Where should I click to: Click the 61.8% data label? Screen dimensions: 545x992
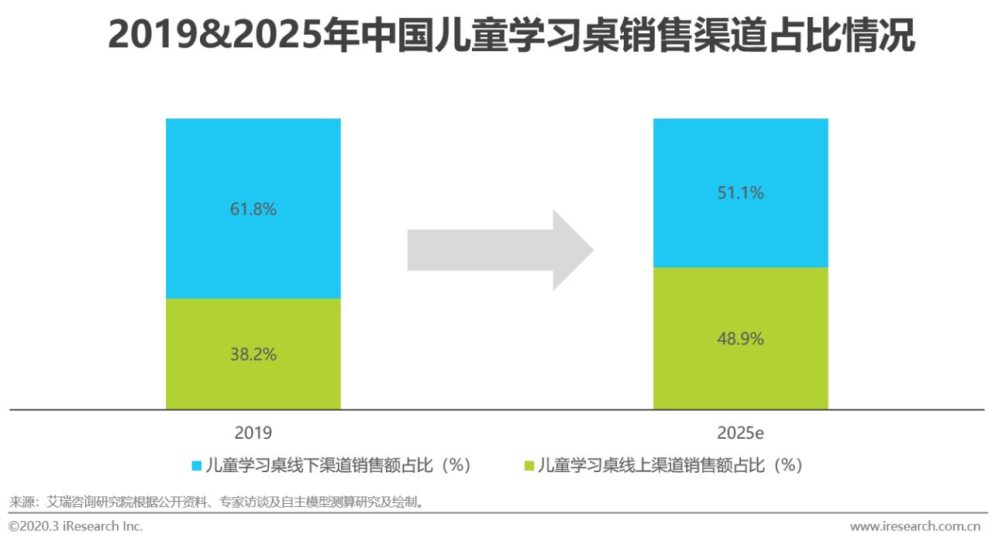(x=253, y=209)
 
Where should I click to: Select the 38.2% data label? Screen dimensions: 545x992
(x=253, y=354)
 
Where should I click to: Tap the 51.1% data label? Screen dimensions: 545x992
(x=740, y=192)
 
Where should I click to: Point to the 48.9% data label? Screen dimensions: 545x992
(x=740, y=339)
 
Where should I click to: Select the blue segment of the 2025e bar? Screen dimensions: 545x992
(x=740, y=233)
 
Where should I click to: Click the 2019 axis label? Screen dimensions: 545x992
(x=253, y=433)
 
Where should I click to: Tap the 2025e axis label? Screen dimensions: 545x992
(x=740, y=433)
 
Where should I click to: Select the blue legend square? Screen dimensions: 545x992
(x=197, y=466)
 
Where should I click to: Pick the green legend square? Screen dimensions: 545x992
(x=530, y=466)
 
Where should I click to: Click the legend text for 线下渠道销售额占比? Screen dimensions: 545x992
(x=338, y=465)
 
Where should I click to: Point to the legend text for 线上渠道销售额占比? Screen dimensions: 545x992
(x=670, y=465)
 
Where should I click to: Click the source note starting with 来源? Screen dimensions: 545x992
(x=216, y=502)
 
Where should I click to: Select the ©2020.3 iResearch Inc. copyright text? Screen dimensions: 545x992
(x=76, y=526)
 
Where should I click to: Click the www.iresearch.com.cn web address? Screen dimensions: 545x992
(x=915, y=526)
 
